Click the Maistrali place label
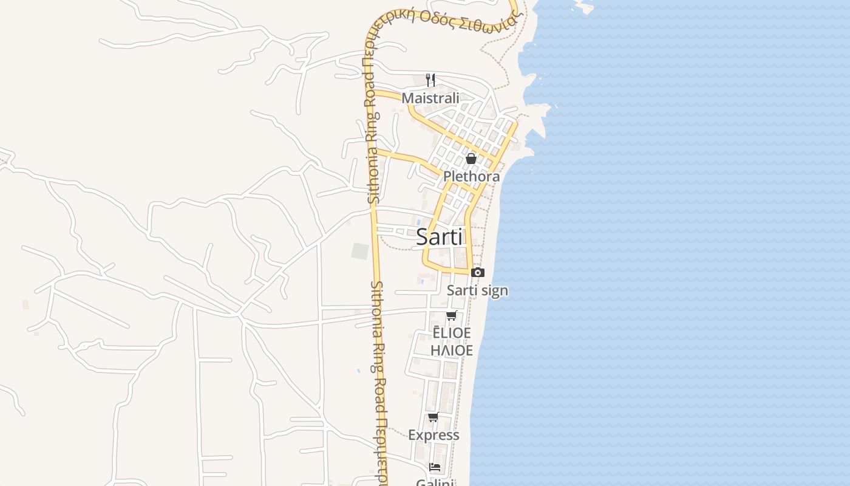430,98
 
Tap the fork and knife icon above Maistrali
430,80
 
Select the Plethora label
471,176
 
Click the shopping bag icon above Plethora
471,159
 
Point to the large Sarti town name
440,237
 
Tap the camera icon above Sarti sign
478,272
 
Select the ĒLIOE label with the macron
451,333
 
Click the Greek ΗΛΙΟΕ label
451,351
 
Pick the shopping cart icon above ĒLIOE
451,315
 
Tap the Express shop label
433,435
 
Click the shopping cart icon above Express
433,417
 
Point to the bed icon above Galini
435,467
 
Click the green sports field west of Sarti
360,251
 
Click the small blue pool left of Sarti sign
421,280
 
